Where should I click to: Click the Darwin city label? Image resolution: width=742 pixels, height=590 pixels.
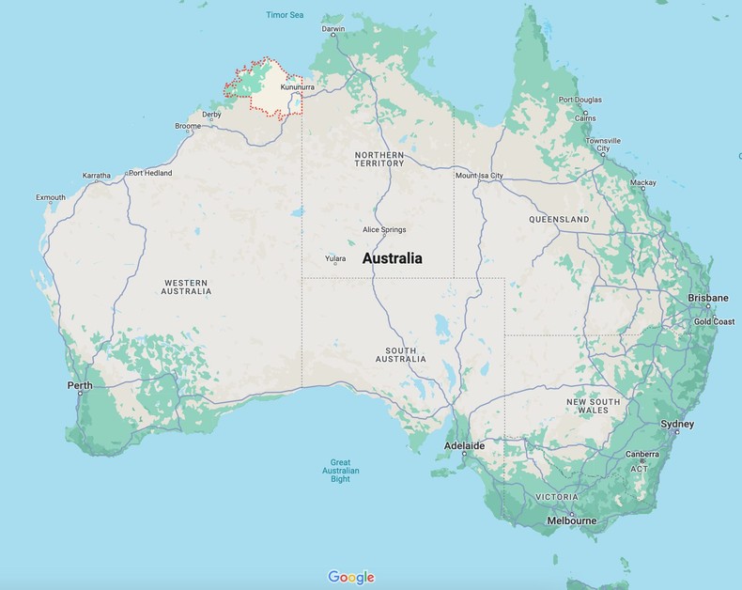click(x=333, y=29)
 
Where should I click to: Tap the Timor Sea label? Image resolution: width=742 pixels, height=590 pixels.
click(x=285, y=15)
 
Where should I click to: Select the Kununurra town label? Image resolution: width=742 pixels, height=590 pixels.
click(x=297, y=87)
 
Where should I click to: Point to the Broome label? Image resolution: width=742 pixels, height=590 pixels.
click(x=188, y=126)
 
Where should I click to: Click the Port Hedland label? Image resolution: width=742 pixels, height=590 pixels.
click(x=150, y=173)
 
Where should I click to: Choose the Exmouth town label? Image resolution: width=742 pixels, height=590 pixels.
click(x=51, y=197)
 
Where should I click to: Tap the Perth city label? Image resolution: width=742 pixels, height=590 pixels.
click(x=80, y=386)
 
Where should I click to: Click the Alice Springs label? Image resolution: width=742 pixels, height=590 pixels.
click(x=384, y=230)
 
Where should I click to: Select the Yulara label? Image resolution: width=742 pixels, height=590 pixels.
click(x=335, y=258)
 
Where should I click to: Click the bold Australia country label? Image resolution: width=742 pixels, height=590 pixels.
click(x=392, y=258)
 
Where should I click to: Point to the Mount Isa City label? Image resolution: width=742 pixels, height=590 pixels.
click(x=479, y=176)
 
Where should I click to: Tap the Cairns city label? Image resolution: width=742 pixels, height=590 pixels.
click(x=585, y=118)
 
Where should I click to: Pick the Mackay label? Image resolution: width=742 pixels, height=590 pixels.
click(x=643, y=182)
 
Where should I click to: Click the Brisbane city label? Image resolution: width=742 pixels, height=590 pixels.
click(x=708, y=298)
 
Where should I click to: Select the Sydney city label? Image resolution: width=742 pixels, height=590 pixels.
click(x=677, y=425)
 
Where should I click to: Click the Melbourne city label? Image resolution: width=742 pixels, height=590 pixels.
click(x=571, y=520)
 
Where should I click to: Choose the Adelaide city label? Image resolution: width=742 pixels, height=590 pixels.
click(x=464, y=446)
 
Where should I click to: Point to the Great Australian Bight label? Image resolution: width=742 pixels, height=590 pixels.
click(x=339, y=471)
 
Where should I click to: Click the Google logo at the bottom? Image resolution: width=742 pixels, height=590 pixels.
click(x=351, y=577)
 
